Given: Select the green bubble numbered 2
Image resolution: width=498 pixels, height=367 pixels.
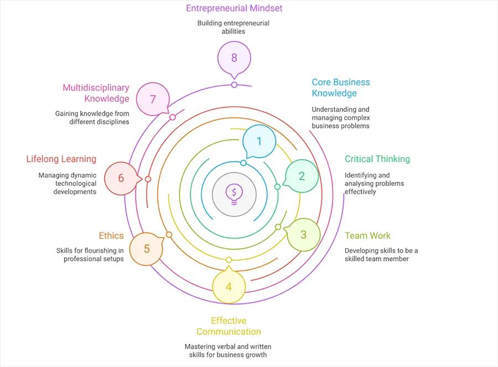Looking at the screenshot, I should point(302,176).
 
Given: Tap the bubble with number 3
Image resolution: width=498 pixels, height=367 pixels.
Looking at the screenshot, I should point(303,234).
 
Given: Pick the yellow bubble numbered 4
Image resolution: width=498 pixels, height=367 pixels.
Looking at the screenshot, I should point(229,287).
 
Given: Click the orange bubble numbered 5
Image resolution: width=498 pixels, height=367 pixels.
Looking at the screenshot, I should point(147,249).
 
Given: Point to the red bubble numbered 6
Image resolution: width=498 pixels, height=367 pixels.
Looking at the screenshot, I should point(121,178).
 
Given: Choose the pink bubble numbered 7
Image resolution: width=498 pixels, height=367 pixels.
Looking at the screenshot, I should point(153,99).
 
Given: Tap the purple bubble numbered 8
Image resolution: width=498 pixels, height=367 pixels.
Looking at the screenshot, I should point(234,58).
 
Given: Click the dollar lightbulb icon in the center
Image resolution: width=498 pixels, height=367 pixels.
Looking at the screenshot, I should point(234,193).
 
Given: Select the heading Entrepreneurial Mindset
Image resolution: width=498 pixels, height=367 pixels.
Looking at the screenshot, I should point(234,8).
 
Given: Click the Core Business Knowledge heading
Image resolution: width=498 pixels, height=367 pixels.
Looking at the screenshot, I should point(341,87).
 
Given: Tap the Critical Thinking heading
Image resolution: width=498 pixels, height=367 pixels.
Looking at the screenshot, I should point(377,159).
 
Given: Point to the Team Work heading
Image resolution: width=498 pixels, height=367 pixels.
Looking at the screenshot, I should point(367,236).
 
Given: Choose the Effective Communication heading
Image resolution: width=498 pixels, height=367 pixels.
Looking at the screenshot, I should point(229,326).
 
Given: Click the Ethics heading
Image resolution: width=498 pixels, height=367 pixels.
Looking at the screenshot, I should point(111,236).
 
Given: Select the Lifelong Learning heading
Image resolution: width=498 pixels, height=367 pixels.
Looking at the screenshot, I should point(61,159).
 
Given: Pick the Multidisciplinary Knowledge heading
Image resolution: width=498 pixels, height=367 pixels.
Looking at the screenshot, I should point(96,93).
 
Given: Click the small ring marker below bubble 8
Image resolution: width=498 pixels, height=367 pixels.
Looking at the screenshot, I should point(234,85).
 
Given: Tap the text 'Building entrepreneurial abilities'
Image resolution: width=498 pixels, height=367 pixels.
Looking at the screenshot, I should point(234,27).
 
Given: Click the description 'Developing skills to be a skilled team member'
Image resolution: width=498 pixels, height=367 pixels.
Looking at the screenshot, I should point(381,255).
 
